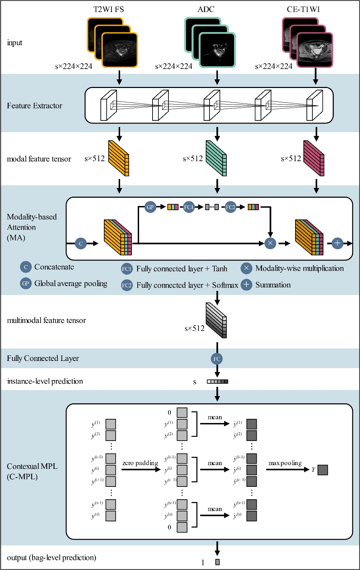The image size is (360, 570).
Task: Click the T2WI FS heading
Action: click(108, 9)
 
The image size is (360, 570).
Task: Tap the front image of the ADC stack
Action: click(217, 50)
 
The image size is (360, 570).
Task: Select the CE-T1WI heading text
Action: click(303, 9)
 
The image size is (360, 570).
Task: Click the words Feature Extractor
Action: click(35, 106)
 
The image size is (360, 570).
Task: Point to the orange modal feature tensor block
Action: click(118, 158)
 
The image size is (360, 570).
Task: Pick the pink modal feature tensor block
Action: click(314, 158)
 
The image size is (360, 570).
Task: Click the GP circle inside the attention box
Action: click(150, 207)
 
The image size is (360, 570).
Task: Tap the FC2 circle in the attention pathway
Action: click(230, 207)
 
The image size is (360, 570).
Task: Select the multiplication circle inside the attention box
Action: click(270, 243)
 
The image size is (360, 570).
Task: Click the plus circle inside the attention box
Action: click(337, 243)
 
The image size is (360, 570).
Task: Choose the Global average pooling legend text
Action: click(71, 284)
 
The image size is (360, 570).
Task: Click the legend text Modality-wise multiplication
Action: click(299, 268)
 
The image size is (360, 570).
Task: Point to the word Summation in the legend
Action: click(273, 285)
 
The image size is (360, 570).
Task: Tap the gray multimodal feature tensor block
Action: click(216, 320)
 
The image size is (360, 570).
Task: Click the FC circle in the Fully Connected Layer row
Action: click(217, 359)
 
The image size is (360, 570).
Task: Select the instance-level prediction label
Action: click(45, 381)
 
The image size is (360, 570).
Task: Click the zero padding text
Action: click(140, 463)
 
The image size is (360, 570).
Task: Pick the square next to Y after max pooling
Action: click(323, 470)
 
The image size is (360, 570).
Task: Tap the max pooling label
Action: click(285, 463)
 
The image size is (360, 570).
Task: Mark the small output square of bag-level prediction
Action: click(217, 562)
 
